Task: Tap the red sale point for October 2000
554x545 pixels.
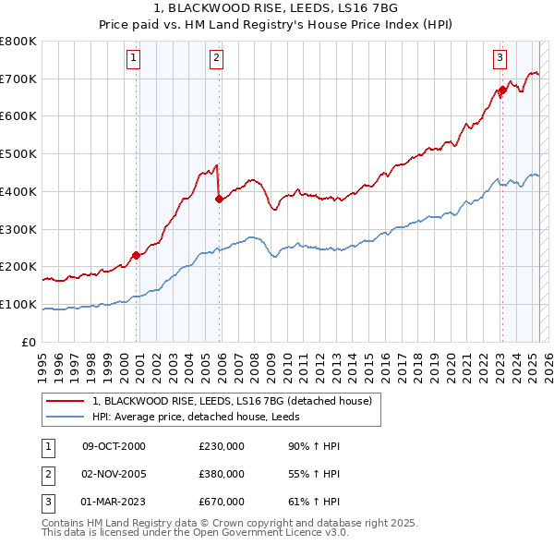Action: tap(136, 255)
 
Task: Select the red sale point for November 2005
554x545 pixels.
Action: tap(219, 198)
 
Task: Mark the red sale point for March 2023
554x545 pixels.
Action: tap(502, 90)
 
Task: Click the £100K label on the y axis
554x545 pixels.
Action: tap(18, 304)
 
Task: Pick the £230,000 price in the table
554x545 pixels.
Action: tap(221, 446)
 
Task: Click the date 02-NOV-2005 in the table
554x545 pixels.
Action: tap(114, 474)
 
